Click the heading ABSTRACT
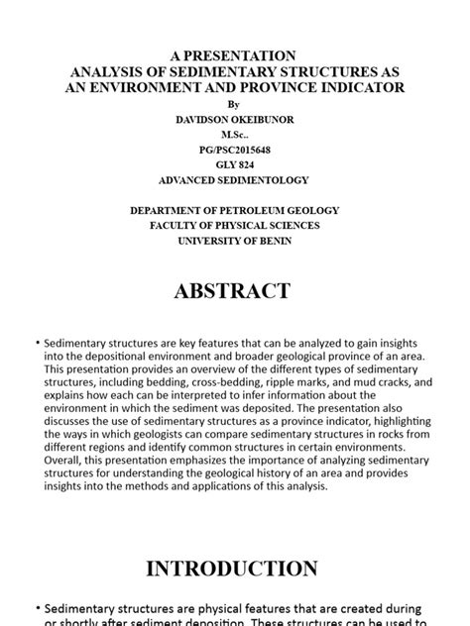234,291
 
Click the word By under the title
234,103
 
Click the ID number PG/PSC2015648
234,150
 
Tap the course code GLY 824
234,164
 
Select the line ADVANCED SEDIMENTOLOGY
234,180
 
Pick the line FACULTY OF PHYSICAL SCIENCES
234,226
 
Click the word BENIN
273,241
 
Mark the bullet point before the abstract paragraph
37,342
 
